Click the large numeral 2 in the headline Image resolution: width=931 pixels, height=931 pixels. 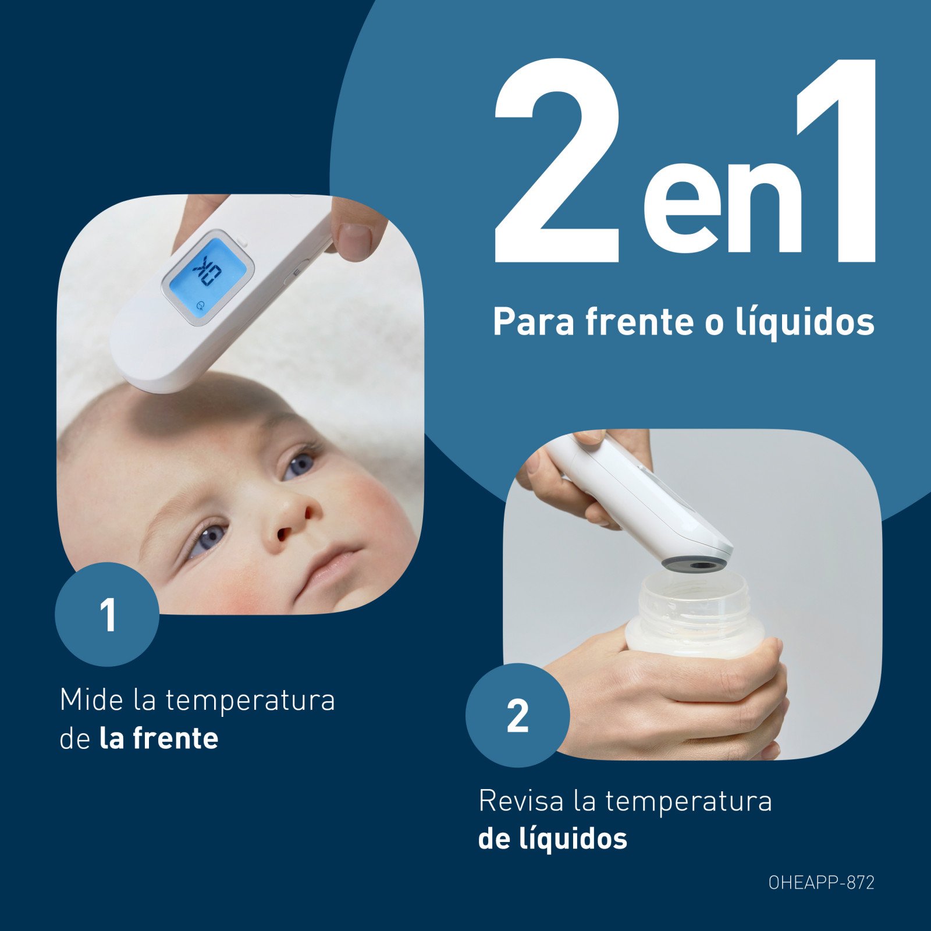pos(557,160)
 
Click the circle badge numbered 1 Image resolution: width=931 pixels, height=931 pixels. pos(107,614)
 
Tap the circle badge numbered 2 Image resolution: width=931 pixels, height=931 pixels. pos(517,715)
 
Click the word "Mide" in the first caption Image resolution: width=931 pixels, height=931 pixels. pos(91,699)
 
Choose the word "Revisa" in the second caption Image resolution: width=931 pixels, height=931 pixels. pos(521,801)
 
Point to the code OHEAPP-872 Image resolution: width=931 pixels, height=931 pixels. pos(821,883)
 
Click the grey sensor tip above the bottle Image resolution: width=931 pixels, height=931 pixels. pos(696,564)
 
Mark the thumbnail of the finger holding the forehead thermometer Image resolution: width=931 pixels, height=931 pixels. pos(355,240)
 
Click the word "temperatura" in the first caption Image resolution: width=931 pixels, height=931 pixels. pos(250,701)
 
